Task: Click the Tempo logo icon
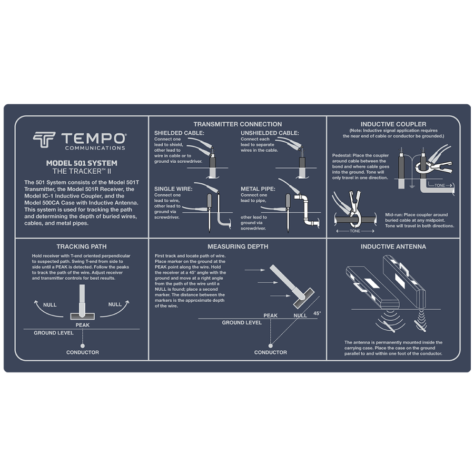click(44, 140)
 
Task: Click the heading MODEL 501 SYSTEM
click(82, 163)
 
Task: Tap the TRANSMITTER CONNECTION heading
click(238, 124)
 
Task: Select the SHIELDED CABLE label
click(179, 133)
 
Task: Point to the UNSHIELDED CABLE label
click(270, 133)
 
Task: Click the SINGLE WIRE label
click(173, 189)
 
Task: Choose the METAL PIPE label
click(258, 189)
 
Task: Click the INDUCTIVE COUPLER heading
click(393, 124)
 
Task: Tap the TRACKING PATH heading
click(82, 246)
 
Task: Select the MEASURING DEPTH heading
click(238, 246)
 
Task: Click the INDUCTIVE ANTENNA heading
click(393, 246)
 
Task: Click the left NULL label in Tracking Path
click(50, 305)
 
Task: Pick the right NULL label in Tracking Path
click(115, 304)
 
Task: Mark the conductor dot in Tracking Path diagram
click(83, 346)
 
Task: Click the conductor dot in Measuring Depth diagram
click(271, 346)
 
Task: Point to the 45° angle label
click(317, 313)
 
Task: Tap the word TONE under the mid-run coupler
click(355, 231)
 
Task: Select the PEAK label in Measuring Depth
click(270, 315)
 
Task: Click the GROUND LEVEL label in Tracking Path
click(54, 333)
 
